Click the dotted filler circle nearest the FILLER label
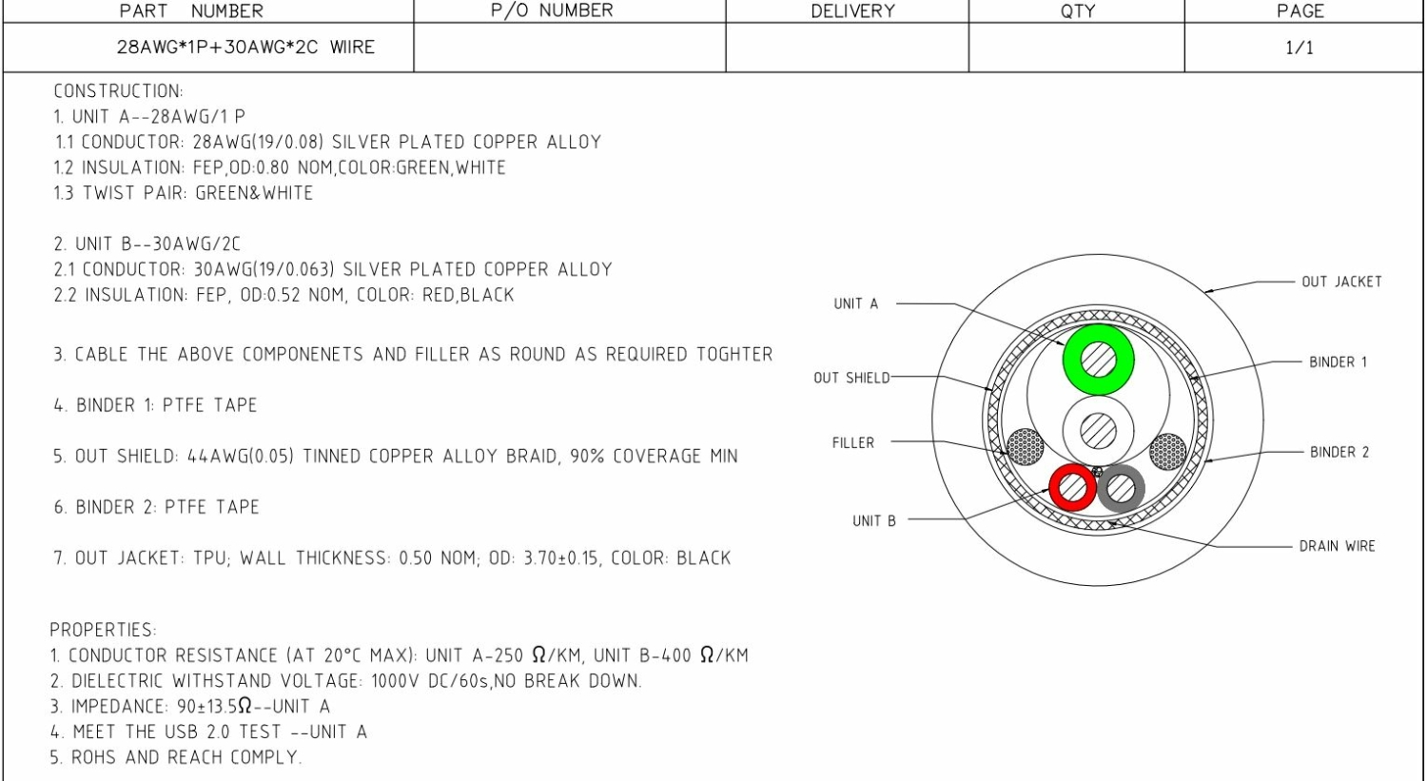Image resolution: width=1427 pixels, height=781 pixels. tap(1026, 446)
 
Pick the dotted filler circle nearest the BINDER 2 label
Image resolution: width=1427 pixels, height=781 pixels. tap(1167, 452)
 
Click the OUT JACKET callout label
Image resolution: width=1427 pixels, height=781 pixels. tap(1341, 282)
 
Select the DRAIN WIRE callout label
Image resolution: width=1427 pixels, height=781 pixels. tap(1338, 546)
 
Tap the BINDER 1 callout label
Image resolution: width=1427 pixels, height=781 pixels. tap(1338, 361)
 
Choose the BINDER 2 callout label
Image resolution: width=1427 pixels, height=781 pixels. tap(1339, 452)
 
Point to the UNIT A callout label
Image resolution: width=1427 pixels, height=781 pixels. tap(855, 303)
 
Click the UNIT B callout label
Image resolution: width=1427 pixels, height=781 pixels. tap(874, 521)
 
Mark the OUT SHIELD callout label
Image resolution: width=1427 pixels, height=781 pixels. tap(851, 378)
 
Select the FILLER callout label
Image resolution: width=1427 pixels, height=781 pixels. tap(853, 442)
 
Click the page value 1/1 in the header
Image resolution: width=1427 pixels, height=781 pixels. tap(1300, 48)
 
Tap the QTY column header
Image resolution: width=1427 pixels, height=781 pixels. tap(1077, 10)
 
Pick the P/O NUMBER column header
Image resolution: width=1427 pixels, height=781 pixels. tap(552, 10)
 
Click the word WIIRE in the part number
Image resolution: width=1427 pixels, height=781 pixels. tap(352, 48)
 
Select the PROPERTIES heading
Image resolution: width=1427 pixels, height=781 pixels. tap(103, 630)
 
